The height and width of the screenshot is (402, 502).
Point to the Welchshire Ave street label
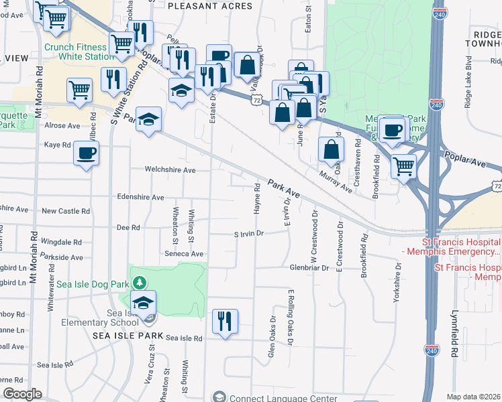pyautogui.click(x=171, y=170)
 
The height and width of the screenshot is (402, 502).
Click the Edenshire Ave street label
pyautogui.click(x=140, y=198)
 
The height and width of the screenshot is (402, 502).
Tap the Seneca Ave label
pyautogui.click(x=184, y=254)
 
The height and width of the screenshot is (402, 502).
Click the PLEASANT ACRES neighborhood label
pyautogui.click(x=209, y=6)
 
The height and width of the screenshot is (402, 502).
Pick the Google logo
pyautogui.click(x=22, y=394)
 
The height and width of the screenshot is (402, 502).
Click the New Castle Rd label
pyautogui.click(x=65, y=211)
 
